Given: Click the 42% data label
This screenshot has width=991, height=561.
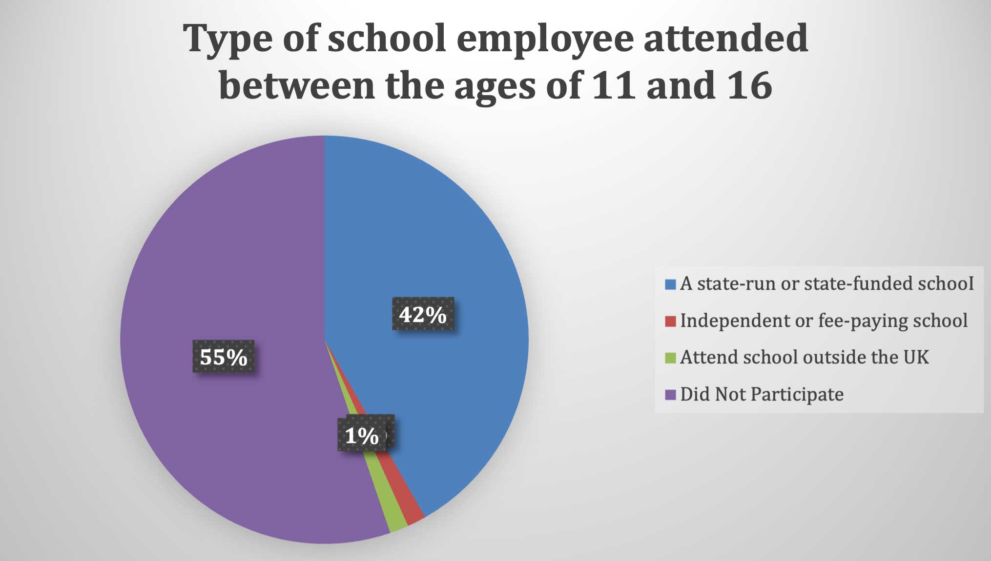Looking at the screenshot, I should (423, 314).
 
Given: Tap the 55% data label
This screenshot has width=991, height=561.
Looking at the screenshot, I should (224, 357).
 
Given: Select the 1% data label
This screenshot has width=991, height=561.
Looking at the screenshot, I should (361, 435).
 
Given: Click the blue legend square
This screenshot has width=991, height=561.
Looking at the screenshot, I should (671, 284).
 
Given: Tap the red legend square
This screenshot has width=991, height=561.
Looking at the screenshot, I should (671, 321).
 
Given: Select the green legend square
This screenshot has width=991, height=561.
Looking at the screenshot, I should (671, 358).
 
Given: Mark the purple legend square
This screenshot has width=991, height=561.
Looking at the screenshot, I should (671, 395).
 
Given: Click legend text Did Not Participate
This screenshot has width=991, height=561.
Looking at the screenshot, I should (762, 394).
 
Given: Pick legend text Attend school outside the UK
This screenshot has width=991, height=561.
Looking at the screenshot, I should (804, 357).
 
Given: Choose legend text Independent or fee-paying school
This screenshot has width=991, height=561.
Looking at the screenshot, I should (824, 321).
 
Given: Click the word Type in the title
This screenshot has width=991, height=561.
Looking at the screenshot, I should (227, 39).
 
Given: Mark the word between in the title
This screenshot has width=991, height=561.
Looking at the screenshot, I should (297, 85).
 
